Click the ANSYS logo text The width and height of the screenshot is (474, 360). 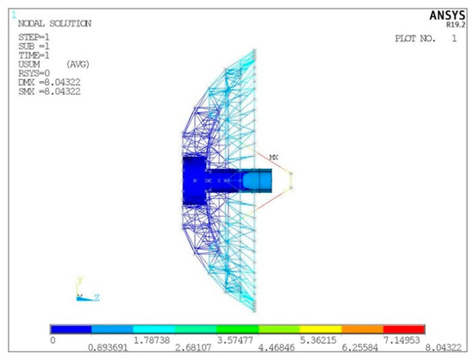447,16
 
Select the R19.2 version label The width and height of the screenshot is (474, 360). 456,25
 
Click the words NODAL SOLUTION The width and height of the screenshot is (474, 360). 54,23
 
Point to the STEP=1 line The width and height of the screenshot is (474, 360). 34,37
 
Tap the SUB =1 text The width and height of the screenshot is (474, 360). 34,47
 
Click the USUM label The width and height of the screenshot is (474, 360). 29,65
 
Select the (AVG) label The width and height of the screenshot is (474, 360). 78,65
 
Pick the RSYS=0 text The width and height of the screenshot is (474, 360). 34,73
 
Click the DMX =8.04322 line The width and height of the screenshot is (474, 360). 50,82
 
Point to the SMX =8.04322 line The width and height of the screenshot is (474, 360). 50,91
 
